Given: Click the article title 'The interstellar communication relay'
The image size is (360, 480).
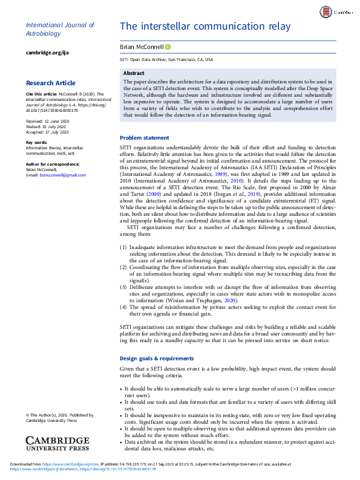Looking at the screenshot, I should tap(205, 27).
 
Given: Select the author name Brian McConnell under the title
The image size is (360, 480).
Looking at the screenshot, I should tap(142, 47).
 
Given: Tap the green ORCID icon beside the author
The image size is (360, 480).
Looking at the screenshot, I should tap(168, 47).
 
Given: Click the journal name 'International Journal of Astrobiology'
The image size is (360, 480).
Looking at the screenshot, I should tap(60, 30).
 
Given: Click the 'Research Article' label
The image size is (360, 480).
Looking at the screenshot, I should tap(51, 83).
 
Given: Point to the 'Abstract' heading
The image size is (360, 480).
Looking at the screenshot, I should tap(134, 73).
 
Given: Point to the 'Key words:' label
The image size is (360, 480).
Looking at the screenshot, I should tap(37, 142).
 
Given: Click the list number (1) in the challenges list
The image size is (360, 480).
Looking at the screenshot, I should tap(123, 247).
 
